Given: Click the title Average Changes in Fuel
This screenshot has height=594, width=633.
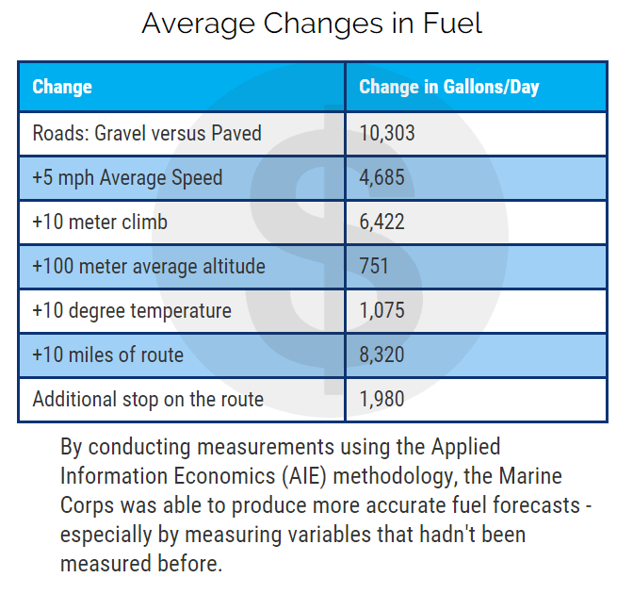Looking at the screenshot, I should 312,24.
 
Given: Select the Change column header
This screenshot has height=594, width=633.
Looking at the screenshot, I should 62,88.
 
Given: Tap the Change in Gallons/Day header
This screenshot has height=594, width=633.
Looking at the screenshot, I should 448,88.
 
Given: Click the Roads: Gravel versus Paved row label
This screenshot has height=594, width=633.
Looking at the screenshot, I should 147,133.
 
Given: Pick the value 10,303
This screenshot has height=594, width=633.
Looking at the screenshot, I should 387,133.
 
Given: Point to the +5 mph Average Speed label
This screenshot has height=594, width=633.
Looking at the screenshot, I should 127,177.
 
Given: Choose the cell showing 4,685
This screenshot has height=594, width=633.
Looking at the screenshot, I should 381,177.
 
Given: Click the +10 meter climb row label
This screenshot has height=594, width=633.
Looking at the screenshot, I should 100,222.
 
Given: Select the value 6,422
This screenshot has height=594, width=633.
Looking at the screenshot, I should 381,222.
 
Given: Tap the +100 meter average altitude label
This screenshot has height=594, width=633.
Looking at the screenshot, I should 149,266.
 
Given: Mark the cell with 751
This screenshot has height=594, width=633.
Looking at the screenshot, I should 374,266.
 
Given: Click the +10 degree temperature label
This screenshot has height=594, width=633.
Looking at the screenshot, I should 132,310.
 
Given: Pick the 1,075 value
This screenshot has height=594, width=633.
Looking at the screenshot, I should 381,310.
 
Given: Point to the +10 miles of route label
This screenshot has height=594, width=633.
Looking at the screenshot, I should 108,355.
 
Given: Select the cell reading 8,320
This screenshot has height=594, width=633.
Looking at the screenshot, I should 381,355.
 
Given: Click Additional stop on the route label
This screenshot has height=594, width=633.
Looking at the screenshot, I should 148,399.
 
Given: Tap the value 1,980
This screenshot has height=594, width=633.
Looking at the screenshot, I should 381,399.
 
